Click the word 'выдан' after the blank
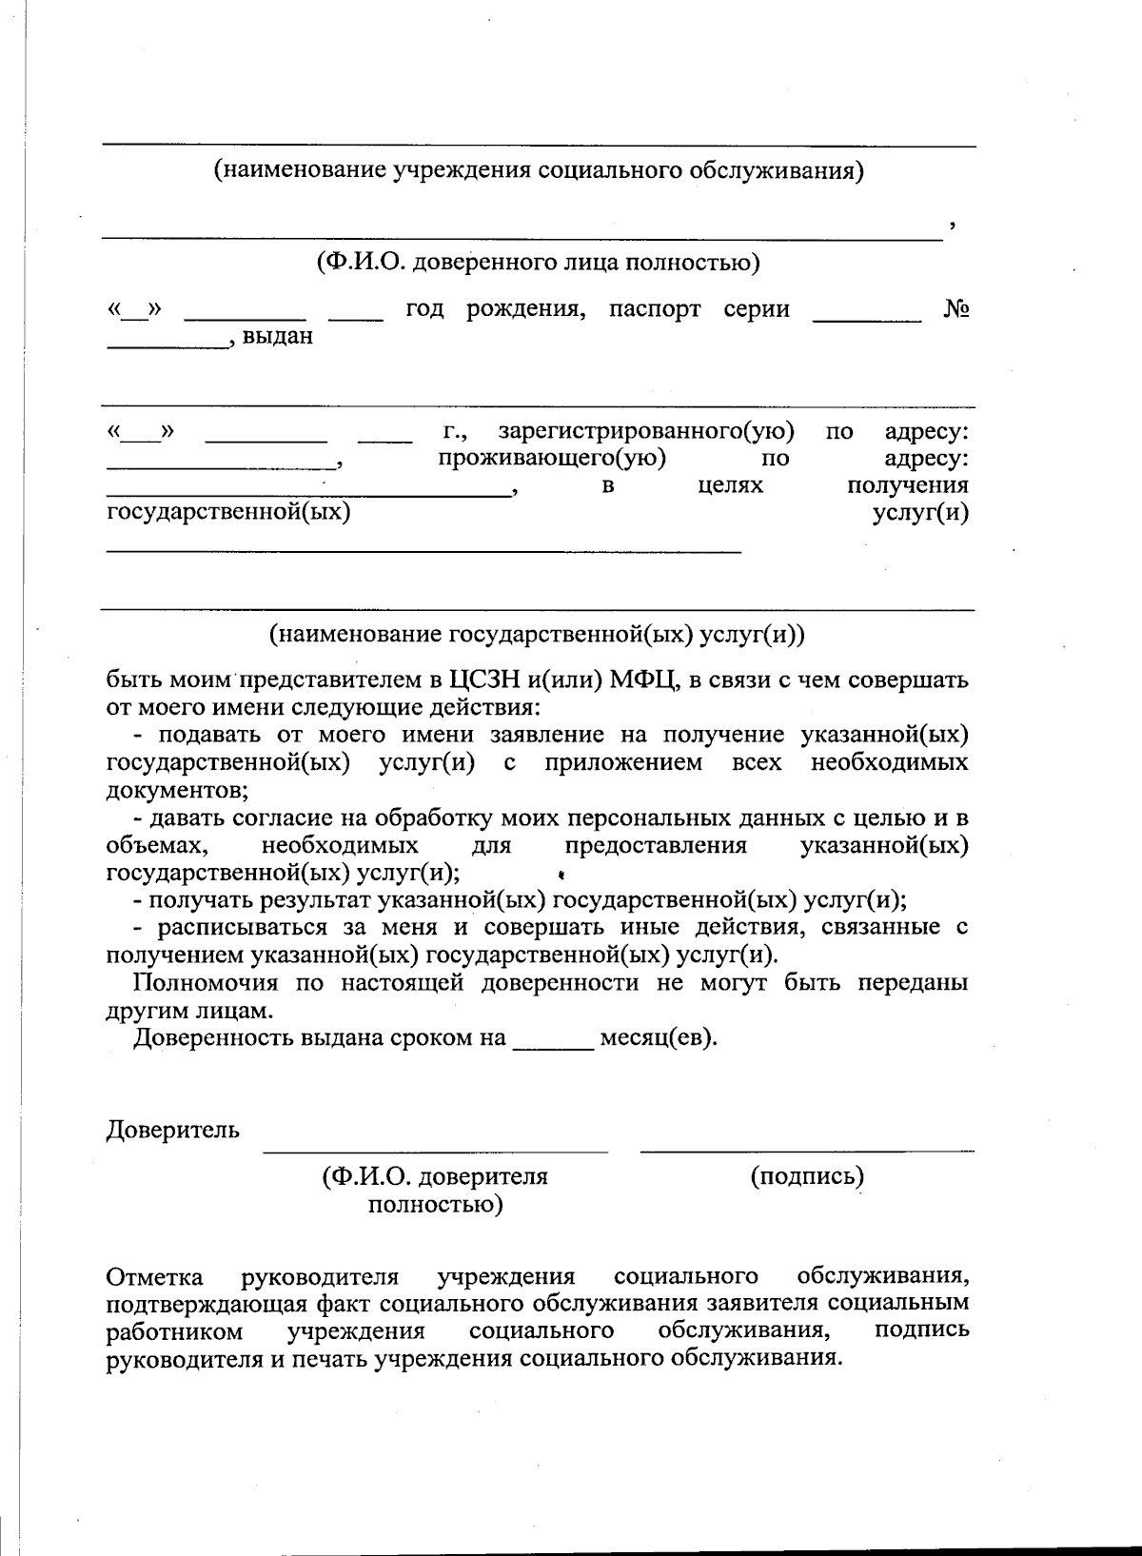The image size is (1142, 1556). coord(278,336)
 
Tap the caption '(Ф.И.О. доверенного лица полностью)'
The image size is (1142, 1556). coord(539,262)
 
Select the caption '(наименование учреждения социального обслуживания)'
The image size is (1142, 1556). coord(539,171)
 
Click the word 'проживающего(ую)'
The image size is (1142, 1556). coord(551,458)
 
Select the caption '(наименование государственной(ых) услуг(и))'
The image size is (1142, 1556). coord(538,634)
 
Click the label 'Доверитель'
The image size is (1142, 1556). coord(172,1131)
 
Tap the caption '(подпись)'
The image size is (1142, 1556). coord(807,1176)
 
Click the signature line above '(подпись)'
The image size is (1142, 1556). coord(807,1151)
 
